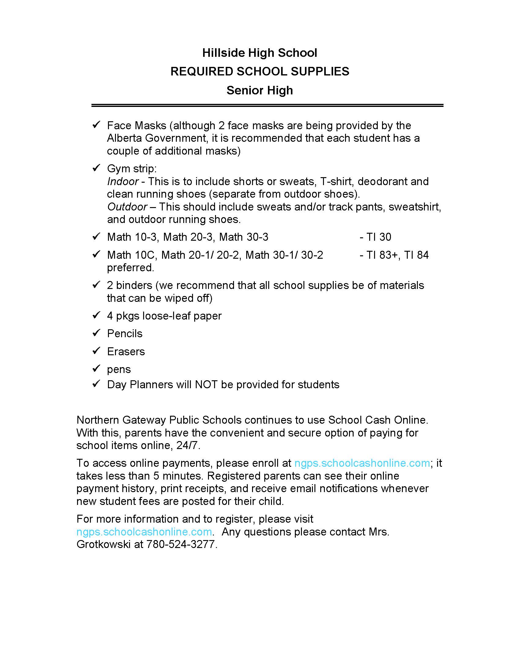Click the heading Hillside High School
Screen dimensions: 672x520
pos(259,53)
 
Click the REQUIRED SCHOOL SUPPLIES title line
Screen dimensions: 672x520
pos(259,71)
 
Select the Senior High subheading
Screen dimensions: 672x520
pos(259,90)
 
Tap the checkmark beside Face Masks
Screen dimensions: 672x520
pos(96,125)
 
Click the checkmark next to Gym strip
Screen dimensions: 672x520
pos(96,168)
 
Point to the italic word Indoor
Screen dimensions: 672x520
pos(123,181)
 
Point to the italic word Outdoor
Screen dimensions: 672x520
pos(127,207)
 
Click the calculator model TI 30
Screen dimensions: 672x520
pos(379,237)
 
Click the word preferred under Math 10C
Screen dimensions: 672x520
pos(130,268)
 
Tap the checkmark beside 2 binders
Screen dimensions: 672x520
pos(96,285)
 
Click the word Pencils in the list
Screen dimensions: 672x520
pos(125,334)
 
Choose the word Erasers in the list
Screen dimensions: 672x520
pos(126,351)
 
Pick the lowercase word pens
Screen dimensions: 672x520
pos(119,369)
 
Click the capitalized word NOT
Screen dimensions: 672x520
pos(206,385)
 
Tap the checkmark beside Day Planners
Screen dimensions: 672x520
pos(96,384)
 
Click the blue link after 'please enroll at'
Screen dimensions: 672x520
pos(362,463)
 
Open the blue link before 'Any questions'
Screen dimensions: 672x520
pos(144,532)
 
